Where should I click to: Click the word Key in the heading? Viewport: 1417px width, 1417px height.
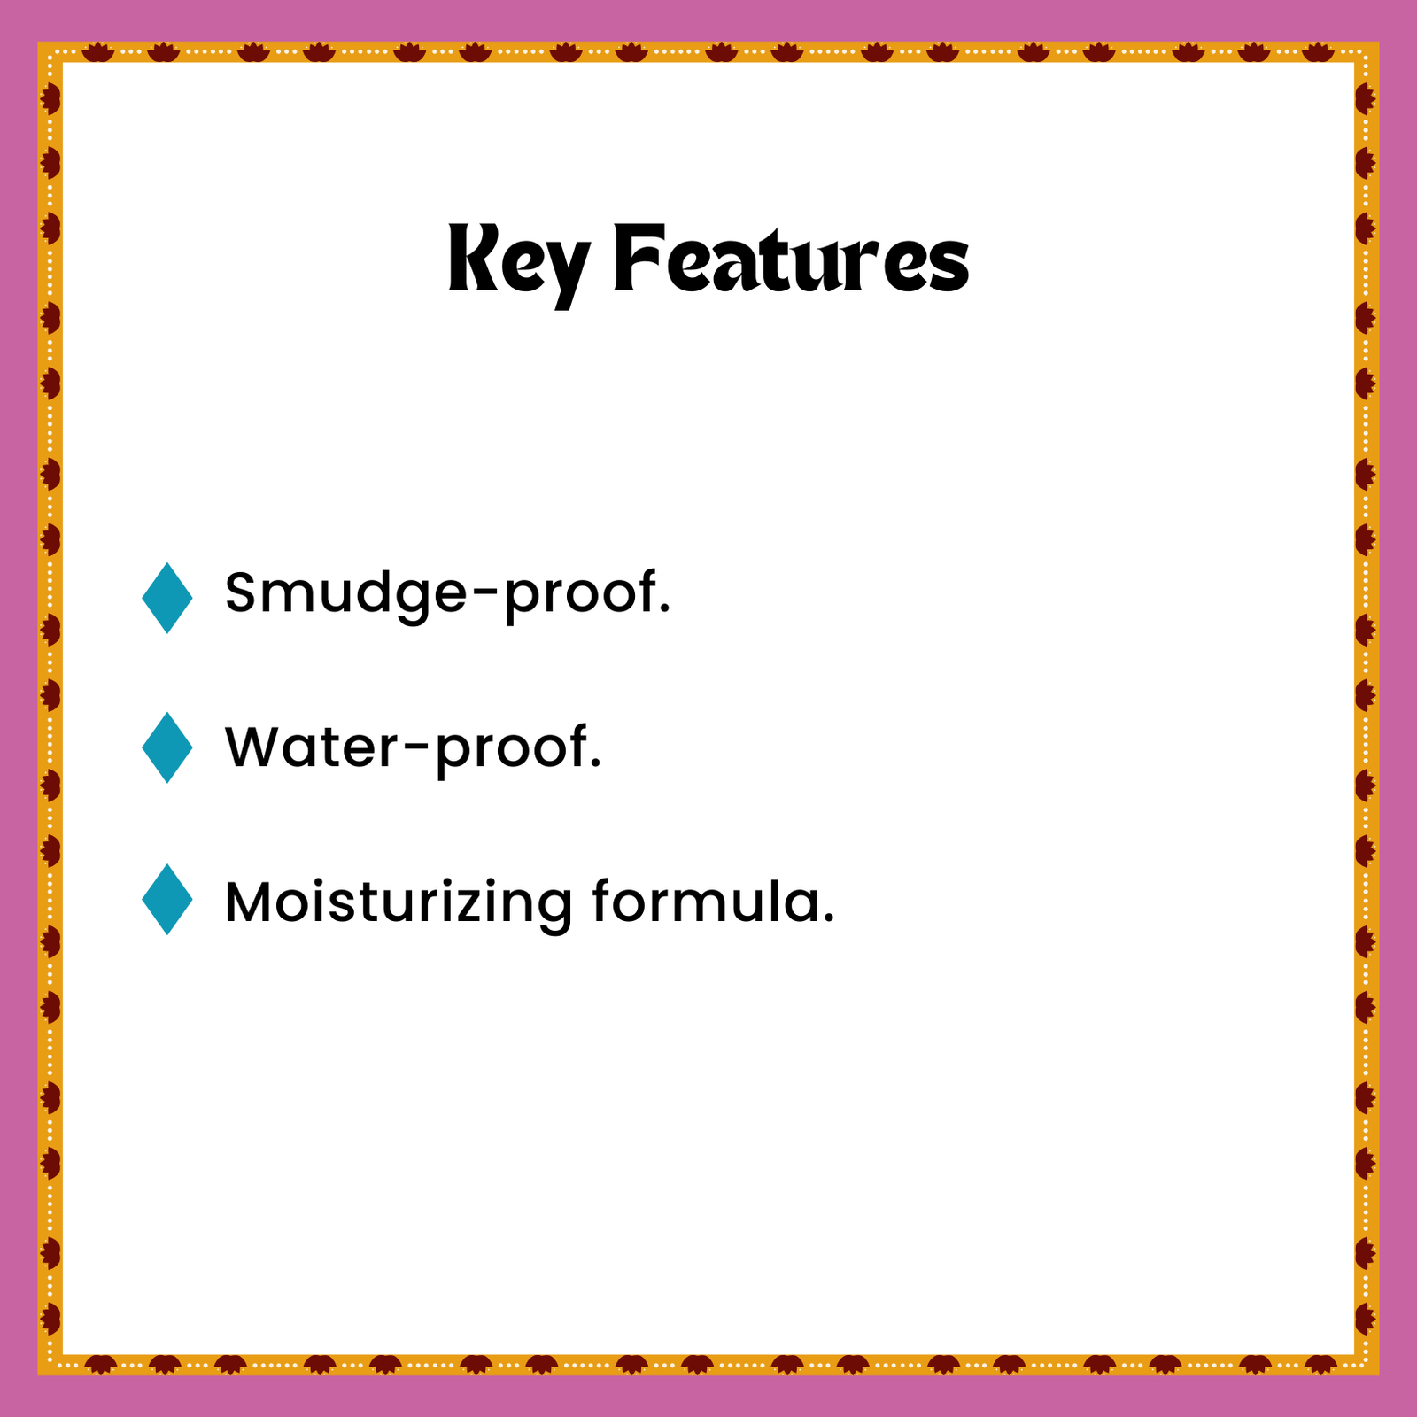[x=519, y=264]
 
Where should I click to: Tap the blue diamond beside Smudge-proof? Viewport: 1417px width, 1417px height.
[x=166, y=598]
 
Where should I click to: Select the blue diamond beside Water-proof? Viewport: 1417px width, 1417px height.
[x=166, y=747]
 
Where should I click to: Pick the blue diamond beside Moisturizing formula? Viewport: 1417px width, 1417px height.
[x=166, y=900]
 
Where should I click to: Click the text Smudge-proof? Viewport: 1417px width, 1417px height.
[x=448, y=594]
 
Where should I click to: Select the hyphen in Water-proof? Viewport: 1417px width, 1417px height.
[x=416, y=750]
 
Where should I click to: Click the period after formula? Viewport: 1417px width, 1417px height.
[x=828, y=919]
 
